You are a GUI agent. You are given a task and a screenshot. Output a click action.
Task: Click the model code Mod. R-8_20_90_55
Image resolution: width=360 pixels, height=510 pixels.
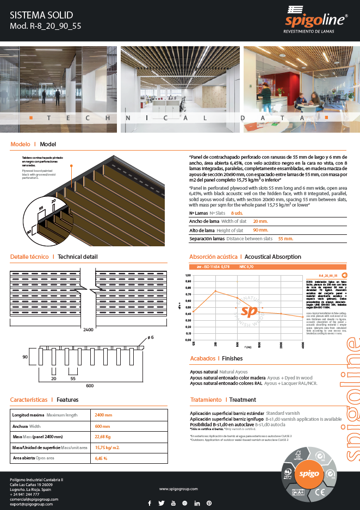coord(46,26)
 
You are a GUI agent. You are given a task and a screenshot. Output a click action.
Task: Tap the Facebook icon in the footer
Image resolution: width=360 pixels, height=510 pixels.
coord(150,503)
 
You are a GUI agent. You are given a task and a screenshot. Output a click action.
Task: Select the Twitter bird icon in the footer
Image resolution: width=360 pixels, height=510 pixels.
coord(162,503)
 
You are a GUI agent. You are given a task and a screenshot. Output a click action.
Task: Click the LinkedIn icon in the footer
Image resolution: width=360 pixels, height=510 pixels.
coord(196,503)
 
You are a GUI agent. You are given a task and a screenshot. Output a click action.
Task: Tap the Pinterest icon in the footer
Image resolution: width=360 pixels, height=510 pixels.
coord(209,503)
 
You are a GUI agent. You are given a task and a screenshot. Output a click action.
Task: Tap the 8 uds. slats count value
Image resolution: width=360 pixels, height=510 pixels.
coord(237,213)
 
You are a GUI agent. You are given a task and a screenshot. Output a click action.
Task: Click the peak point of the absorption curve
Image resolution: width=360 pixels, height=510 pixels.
coord(215,291)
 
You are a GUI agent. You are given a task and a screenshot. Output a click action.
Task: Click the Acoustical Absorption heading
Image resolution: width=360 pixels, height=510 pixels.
coord(272,256)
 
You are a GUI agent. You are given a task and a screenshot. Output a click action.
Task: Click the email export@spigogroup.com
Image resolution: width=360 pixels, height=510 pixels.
coord(32,504)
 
